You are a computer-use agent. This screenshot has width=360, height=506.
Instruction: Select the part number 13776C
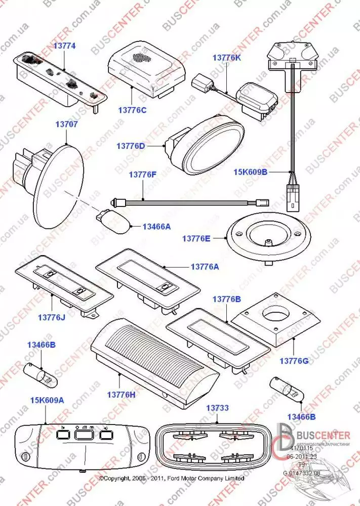point(132,109)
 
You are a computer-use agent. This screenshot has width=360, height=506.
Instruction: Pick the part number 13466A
point(156,227)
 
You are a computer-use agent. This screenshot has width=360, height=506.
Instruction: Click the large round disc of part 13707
point(57,186)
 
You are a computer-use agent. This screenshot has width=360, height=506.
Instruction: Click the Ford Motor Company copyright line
point(172,478)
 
